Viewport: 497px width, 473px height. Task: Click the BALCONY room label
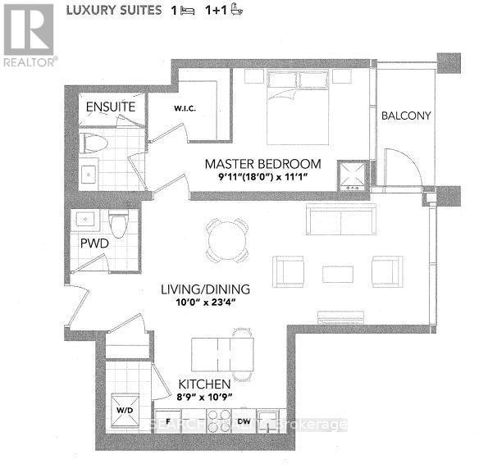pos(406,116)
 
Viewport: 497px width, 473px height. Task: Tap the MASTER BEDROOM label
pos(262,164)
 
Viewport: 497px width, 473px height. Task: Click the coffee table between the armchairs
pos(337,274)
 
